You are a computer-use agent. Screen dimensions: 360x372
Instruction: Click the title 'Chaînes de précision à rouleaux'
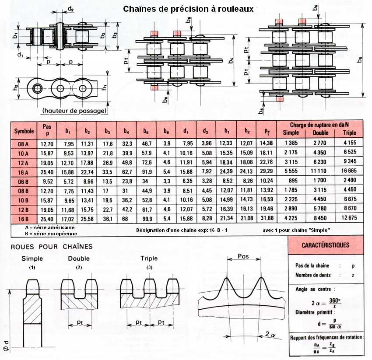point(188,9)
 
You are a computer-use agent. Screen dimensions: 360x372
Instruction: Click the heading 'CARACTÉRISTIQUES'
point(326,245)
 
